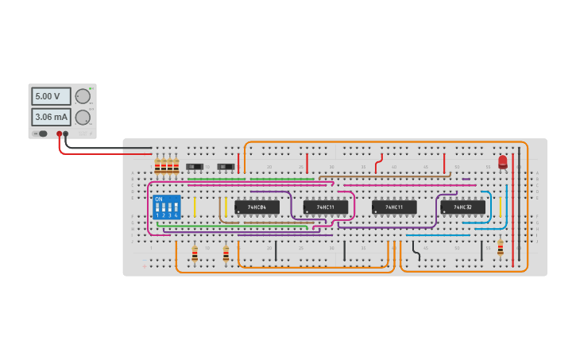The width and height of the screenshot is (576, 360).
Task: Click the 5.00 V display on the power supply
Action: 51,96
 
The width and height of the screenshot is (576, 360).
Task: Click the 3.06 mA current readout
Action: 51,117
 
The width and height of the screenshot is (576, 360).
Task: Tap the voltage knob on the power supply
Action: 83,96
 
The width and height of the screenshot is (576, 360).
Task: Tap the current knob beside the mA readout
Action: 82,117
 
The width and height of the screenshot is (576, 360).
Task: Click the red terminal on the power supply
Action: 59,134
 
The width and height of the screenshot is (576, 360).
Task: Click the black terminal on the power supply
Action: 67,134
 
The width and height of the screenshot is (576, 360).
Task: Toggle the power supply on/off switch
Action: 41,134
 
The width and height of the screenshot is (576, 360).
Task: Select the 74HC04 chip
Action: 257,207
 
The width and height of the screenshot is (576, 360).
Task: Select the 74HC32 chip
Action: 462,207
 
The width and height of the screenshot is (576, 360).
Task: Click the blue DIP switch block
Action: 166,207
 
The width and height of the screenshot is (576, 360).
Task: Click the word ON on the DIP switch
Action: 158,199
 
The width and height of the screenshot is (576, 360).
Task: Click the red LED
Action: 502,162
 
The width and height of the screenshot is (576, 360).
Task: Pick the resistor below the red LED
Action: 500,248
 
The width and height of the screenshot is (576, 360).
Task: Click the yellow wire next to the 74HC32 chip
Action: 501,207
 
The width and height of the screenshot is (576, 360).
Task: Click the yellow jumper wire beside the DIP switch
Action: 194,207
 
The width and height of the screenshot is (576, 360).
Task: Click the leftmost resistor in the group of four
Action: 157,165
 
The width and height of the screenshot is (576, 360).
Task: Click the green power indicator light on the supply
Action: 91,88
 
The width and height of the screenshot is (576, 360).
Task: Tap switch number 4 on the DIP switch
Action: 175,210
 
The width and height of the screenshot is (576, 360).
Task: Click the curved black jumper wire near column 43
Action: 416,251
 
